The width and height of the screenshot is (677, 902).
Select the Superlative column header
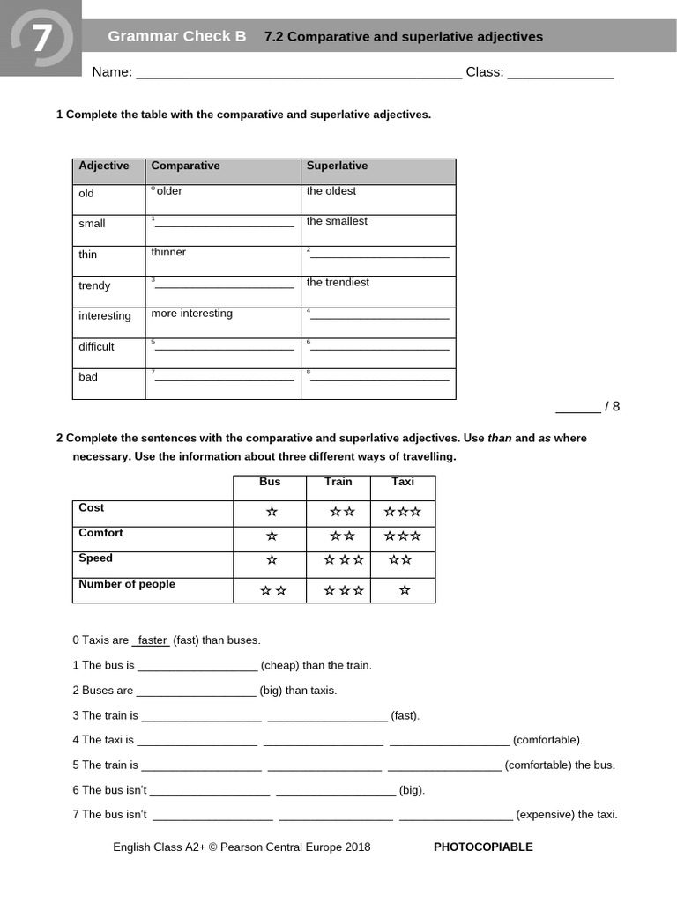click(337, 166)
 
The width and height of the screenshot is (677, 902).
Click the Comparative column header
click(185, 166)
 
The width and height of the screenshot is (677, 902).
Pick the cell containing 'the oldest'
click(331, 191)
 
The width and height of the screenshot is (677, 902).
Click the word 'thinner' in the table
click(168, 253)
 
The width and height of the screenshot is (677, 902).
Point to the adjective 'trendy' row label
click(94, 285)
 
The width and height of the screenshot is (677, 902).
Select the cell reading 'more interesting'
click(191, 314)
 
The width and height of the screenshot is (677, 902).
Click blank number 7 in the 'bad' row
click(223, 377)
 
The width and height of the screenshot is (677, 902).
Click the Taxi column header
click(402, 482)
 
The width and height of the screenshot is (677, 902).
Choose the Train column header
click(338, 482)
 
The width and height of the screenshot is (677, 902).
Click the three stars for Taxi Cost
click(402, 512)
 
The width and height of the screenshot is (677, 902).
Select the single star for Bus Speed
click(272, 560)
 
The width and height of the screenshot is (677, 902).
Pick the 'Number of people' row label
click(127, 585)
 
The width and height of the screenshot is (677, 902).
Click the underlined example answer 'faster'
click(153, 640)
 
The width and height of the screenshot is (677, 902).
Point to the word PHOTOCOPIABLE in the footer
click(483, 847)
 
